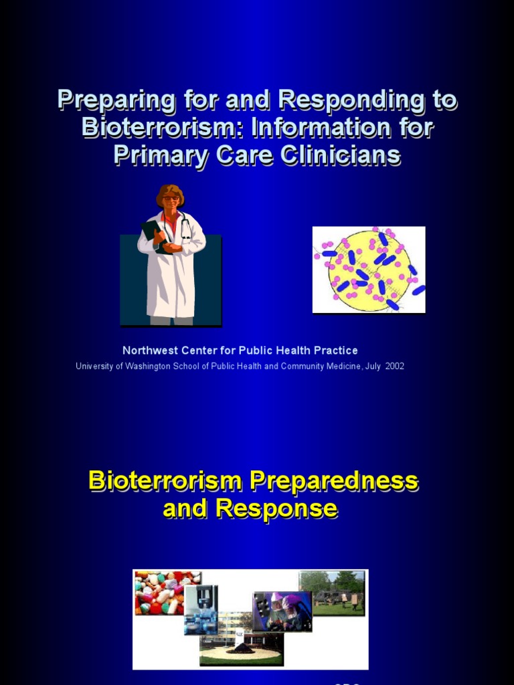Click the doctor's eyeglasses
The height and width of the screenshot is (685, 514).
tap(170, 198)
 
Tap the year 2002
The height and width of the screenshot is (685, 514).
tap(394, 367)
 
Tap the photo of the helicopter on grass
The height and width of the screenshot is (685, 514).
tap(333, 592)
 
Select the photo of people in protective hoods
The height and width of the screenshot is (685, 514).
tap(282, 611)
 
